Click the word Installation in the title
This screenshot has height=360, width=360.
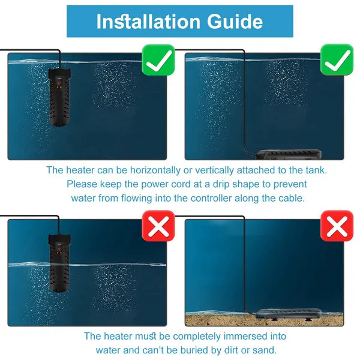pyautogui.click(x=148, y=22)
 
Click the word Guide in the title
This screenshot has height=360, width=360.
pyautogui.click(x=235, y=22)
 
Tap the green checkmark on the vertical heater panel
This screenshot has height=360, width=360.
pyautogui.click(x=158, y=59)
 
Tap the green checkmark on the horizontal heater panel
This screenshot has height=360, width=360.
pyautogui.click(x=337, y=59)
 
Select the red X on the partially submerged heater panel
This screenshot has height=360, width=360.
pyautogui.click(x=158, y=226)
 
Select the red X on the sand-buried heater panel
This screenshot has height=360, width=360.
pyautogui.click(x=337, y=226)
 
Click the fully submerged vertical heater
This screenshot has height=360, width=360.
pyautogui.click(x=59, y=97)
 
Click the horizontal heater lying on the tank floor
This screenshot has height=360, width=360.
pyautogui.click(x=289, y=154)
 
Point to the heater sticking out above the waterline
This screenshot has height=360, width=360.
pyautogui.click(x=59, y=263)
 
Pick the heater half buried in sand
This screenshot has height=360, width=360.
pyautogui.click(x=289, y=314)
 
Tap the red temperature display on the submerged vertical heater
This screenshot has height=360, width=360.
pyautogui.click(x=59, y=83)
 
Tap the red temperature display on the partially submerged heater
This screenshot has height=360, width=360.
pyautogui.click(x=59, y=250)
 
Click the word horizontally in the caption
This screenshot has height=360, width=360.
pyautogui.click(x=155, y=170)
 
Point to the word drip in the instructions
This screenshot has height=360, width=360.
pyautogui.click(x=220, y=184)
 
